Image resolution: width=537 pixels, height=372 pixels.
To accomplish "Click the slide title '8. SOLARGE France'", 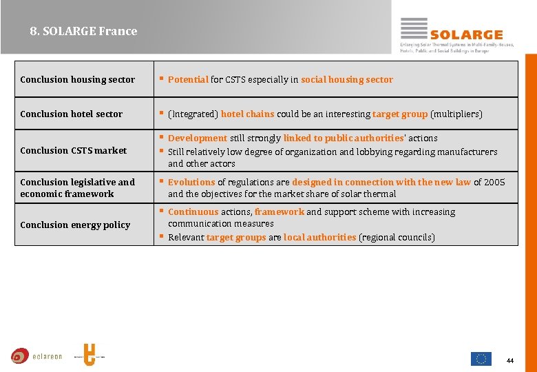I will tap(83, 31).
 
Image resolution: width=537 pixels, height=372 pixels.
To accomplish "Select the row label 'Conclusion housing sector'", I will tap(78, 79).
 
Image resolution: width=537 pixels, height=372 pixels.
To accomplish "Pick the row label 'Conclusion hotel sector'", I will tap(72, 114).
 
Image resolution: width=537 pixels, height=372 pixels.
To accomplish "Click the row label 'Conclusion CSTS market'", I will tap(74, 150).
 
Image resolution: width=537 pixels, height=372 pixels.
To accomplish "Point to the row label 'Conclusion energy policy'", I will tap(75, 225).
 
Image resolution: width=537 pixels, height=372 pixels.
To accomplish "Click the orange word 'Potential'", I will tap(188, 79).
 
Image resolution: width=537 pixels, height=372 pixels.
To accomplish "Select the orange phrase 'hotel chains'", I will tap(247, 114).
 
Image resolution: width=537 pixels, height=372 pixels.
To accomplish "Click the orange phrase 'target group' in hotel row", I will tap(399, 114).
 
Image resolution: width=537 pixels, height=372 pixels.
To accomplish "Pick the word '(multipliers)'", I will tap(456, 114).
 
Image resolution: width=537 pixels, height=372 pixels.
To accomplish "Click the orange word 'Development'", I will tap(198, 138).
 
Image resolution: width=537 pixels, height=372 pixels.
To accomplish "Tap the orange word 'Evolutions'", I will tap(191, 182).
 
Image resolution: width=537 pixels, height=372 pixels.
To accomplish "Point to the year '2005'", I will tap(494, 182).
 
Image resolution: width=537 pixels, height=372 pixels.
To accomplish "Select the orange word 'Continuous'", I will tap(193, 211).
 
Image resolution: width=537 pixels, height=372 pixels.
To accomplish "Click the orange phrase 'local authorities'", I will tap(319, 237).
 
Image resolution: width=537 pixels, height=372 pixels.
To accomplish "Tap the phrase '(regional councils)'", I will tap(397, 237).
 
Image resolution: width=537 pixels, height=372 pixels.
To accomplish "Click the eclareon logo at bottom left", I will tap(36, 356).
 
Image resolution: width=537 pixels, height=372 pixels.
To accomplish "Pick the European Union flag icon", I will tap(481, 358).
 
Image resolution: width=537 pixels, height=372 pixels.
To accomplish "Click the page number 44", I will tap(510, 360).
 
